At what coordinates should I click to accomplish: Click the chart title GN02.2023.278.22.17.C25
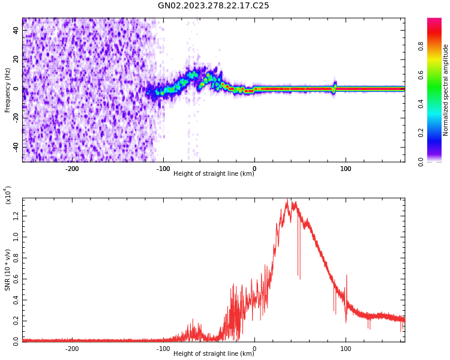tap(213, 6)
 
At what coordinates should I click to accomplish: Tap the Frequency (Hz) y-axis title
tap(8, 90)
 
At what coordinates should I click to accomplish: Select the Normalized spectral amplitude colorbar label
tap(446, 90)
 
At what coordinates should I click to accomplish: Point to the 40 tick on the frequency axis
tap(16, 30)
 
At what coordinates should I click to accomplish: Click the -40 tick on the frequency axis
tap(15, 146)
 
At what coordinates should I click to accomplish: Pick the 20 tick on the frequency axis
tap(16, 59)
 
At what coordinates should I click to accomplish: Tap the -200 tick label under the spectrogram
tap(72, 169)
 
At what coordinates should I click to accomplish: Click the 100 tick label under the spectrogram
tap(346, 169)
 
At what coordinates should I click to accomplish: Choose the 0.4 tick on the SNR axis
tap(16, 300)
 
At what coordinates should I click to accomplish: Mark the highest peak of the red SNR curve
tap(287, 199)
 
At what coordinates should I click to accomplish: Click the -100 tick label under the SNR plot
tap(163, 348)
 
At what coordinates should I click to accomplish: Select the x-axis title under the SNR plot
tap(214, 353)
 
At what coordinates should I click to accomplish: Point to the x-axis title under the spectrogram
tap(214, 174)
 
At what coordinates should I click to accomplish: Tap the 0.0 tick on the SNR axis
tap(16, 341)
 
